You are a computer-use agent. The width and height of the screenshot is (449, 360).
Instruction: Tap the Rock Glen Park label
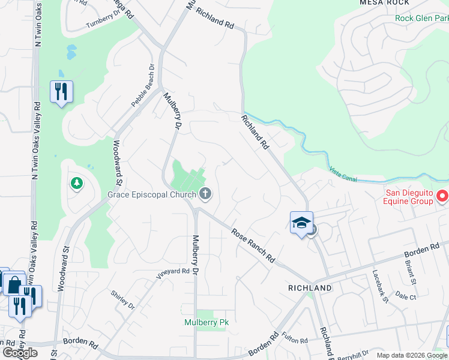coord(421,18)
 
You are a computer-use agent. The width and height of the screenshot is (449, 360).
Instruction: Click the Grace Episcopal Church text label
coord(151,194)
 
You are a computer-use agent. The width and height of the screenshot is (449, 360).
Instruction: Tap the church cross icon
coord(205,193)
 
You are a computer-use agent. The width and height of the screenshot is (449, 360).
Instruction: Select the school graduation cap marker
coord(301,223)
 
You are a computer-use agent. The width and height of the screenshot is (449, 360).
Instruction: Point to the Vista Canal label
coord(344,173)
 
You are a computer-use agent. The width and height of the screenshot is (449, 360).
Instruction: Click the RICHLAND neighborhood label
coord(310,288)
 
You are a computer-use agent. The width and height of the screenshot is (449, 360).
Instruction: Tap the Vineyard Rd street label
coord(173,272)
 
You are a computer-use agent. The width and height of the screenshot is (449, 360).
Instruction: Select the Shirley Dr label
coord(122,299)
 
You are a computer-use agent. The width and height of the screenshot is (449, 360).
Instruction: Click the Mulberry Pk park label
coord(206,322)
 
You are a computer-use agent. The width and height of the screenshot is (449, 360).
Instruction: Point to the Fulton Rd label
coord(295,337)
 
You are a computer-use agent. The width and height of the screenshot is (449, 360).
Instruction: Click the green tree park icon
coord(76,183)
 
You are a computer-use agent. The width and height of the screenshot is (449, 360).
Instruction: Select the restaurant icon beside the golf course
coord(61,92)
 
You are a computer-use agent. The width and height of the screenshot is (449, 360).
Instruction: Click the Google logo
coord(20,353)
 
